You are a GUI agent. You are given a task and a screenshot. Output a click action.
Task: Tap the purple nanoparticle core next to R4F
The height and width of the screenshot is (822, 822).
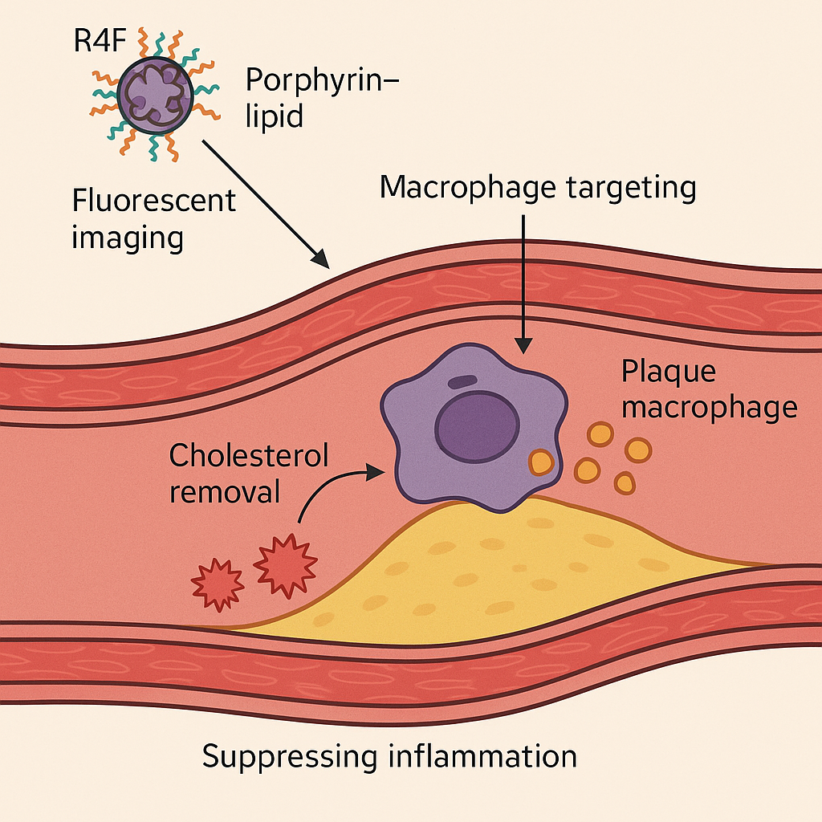click(155, 93)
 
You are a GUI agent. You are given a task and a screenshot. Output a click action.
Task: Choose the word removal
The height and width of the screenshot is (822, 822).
click(225, 490)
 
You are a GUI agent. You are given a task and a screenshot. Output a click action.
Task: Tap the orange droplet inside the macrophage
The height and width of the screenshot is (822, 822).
click(541, 462)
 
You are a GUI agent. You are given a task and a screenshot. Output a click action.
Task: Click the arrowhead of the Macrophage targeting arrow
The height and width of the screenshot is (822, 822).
click(523, 346)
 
